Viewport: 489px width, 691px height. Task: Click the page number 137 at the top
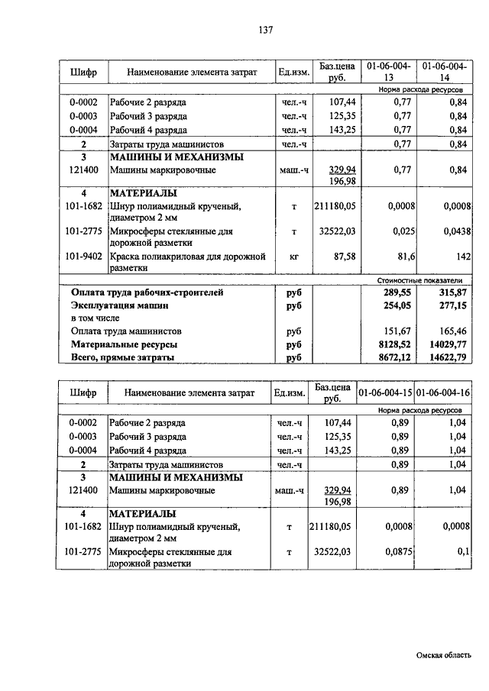pyautogui.click(x=266, y=31)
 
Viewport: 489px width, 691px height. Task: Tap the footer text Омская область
pyautogui.click(x=444, y=655)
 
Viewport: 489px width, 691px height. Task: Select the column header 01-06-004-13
pyautogui.click(x=388, y=72)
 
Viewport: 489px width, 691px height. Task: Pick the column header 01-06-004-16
pyautogui.click(x=444, y=392)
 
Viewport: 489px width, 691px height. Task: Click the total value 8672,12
pyautogui.click(x=397, y=357)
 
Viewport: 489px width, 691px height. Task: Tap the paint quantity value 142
pyautogui.click(x=458, y=257)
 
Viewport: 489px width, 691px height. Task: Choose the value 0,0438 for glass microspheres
pyautogui.click(x=452, y=231)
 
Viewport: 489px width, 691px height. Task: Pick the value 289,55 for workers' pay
pyautogui.click(x=399, y=292)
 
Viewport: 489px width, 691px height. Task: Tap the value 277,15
pyautogui.click(x=452, y=305)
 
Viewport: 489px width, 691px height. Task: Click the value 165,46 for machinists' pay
pyautogui.click(x=452, y=331)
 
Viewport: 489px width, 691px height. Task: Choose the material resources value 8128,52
pyautogui.click(x=397, y=344)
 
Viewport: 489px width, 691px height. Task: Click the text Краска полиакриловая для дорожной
pyautogui.click(x=187, y=257)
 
